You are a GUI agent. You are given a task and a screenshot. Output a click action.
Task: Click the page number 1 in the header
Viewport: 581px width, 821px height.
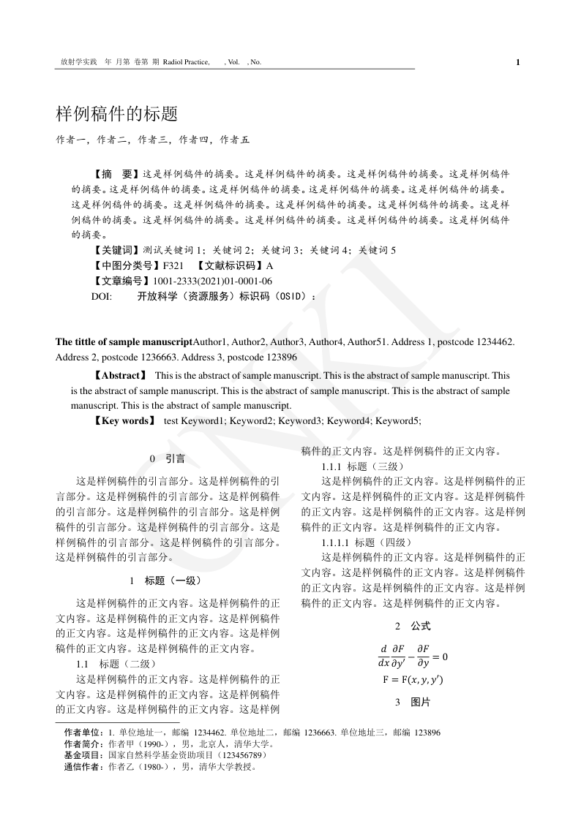click(518, 62)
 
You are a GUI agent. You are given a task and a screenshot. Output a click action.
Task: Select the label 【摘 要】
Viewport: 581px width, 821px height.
click(116, 175)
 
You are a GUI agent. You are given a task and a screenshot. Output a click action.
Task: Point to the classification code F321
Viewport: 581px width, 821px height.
click(173, 265)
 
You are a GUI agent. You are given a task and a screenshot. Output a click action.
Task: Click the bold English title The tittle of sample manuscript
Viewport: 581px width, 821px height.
click(124, 341)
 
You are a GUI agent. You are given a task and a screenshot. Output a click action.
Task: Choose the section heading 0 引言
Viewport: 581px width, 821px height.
click(167, 458)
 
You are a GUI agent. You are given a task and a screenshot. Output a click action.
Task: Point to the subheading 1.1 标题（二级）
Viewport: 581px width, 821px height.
click(116, 664)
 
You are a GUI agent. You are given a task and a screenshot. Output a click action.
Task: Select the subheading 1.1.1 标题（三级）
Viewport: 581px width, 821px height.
click(360, 466)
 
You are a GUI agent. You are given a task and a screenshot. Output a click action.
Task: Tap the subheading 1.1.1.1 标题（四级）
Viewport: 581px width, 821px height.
click(367, 542)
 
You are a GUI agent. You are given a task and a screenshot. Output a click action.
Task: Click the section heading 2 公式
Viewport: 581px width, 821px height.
click(413, 626)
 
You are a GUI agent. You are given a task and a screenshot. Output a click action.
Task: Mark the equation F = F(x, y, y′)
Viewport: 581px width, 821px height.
click(413, 679)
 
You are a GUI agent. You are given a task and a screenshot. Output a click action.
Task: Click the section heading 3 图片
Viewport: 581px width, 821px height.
click(413, 703)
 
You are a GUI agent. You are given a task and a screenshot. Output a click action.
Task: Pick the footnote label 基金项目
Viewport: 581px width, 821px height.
click(83, 754)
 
